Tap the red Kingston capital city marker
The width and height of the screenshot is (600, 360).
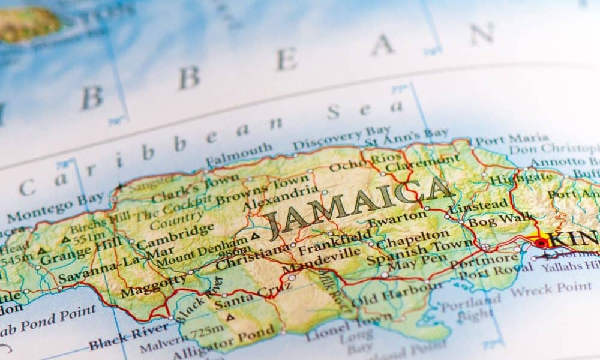tap(541, 243)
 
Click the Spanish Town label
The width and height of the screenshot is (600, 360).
tap(420, 252)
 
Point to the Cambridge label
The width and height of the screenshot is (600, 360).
tap(175, 236)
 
